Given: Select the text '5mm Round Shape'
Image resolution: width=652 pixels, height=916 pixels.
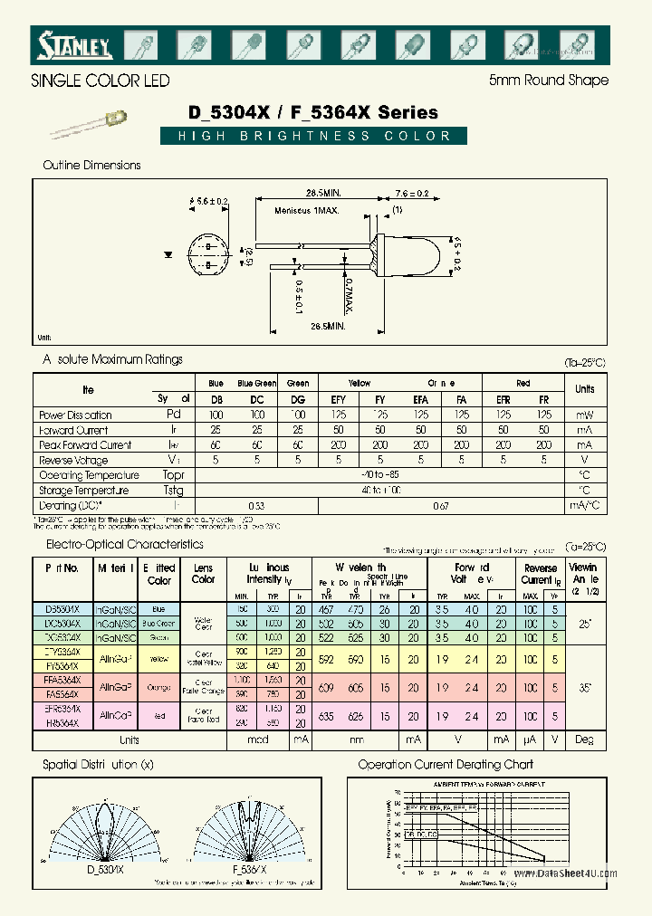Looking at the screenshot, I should click(548, 81).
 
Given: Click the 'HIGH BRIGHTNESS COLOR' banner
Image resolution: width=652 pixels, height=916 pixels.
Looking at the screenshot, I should click(314, 137).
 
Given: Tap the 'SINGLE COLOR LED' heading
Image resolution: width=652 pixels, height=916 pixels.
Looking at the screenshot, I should click(101, 81).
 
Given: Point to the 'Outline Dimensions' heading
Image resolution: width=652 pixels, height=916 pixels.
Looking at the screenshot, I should click(92, 166).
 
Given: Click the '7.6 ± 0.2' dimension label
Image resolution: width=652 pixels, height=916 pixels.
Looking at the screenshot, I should click(411, 194).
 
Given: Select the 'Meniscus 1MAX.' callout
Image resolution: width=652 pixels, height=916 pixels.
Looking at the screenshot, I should click(307, 211).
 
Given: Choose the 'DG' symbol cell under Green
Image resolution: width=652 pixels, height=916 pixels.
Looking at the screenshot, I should click(298, 399).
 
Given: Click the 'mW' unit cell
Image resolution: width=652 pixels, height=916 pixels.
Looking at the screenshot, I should click(584, 415).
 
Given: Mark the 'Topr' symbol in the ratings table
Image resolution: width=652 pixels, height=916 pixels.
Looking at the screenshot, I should click(173, 475).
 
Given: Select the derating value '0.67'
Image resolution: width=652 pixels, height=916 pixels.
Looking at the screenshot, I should click(440, 506).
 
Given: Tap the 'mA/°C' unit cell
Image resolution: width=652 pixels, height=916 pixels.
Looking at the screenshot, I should click(584, 506).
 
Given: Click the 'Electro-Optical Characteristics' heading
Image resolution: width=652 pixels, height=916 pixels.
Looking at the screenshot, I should click(125, 545).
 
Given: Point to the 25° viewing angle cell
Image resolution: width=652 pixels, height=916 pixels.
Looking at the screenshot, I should click(584, 625).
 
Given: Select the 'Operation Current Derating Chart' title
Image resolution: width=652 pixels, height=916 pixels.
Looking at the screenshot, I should click(446, 765).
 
